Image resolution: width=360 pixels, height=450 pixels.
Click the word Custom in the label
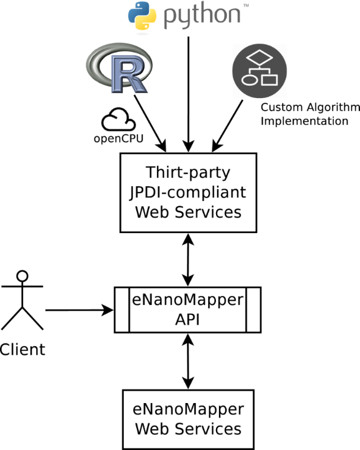280,108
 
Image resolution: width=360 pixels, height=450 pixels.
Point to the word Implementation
304,121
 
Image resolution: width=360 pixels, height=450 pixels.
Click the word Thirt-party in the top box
189,173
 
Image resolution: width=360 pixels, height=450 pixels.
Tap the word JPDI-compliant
189,192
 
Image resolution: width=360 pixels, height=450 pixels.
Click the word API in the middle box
189,319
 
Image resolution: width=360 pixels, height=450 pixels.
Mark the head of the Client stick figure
23,276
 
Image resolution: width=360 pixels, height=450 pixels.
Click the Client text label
23,349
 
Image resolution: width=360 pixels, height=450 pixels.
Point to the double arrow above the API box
189,259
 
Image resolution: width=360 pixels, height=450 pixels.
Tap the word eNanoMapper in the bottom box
189,410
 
